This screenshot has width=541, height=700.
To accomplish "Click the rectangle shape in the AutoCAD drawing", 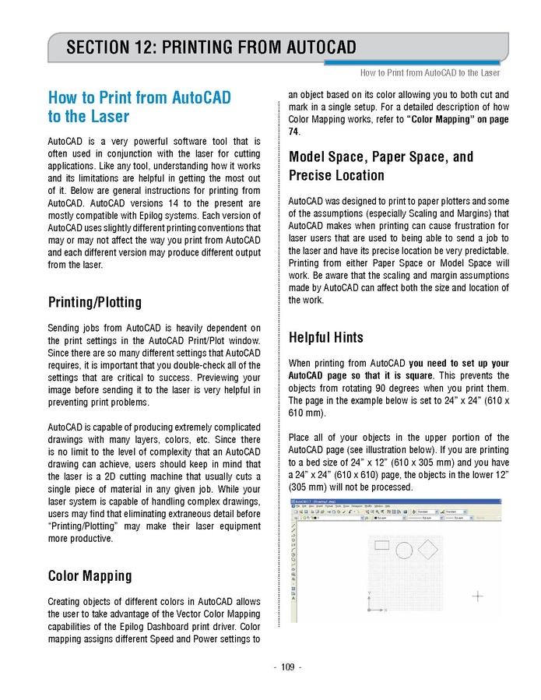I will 381,545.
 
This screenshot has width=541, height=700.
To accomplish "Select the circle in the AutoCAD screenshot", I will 404,551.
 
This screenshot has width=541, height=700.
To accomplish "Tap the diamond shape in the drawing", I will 429,550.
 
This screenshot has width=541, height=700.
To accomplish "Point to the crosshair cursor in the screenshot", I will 478,596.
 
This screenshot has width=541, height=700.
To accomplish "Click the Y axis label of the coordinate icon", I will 368,595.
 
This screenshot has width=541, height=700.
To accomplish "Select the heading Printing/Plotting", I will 95,302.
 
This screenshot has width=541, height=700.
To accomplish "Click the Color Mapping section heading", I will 90,576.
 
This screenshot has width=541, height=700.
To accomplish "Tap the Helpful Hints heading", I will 325,338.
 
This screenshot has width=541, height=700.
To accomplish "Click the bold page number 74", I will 294,132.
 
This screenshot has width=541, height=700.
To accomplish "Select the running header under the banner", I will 430,72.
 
